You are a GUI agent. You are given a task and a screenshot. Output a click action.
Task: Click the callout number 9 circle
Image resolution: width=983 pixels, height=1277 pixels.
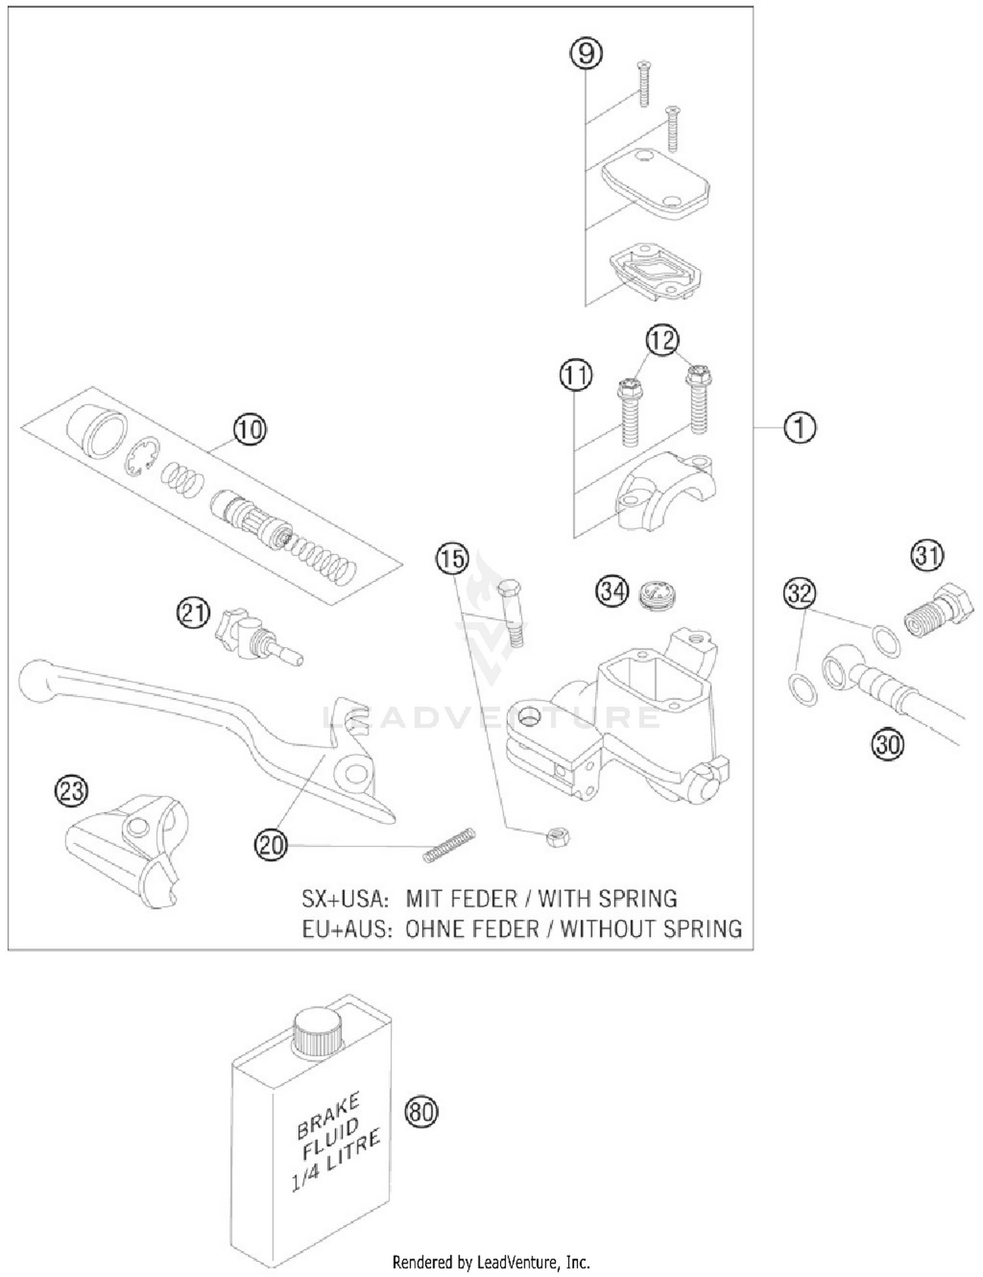(585, 53)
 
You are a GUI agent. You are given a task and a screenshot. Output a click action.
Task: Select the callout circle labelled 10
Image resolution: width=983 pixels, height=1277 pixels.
(250, 429)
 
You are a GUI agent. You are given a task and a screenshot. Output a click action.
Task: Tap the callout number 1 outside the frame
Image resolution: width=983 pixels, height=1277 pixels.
(800, 427)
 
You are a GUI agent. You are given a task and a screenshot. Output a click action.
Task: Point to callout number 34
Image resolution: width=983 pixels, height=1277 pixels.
(611, 591)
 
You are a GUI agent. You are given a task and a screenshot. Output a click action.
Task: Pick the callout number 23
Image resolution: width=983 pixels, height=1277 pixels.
(71, 791)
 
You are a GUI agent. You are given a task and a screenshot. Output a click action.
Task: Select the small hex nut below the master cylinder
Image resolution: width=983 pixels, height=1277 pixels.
(558, 837)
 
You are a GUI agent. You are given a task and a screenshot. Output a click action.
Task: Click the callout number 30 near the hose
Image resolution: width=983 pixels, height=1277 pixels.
(887, 744)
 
